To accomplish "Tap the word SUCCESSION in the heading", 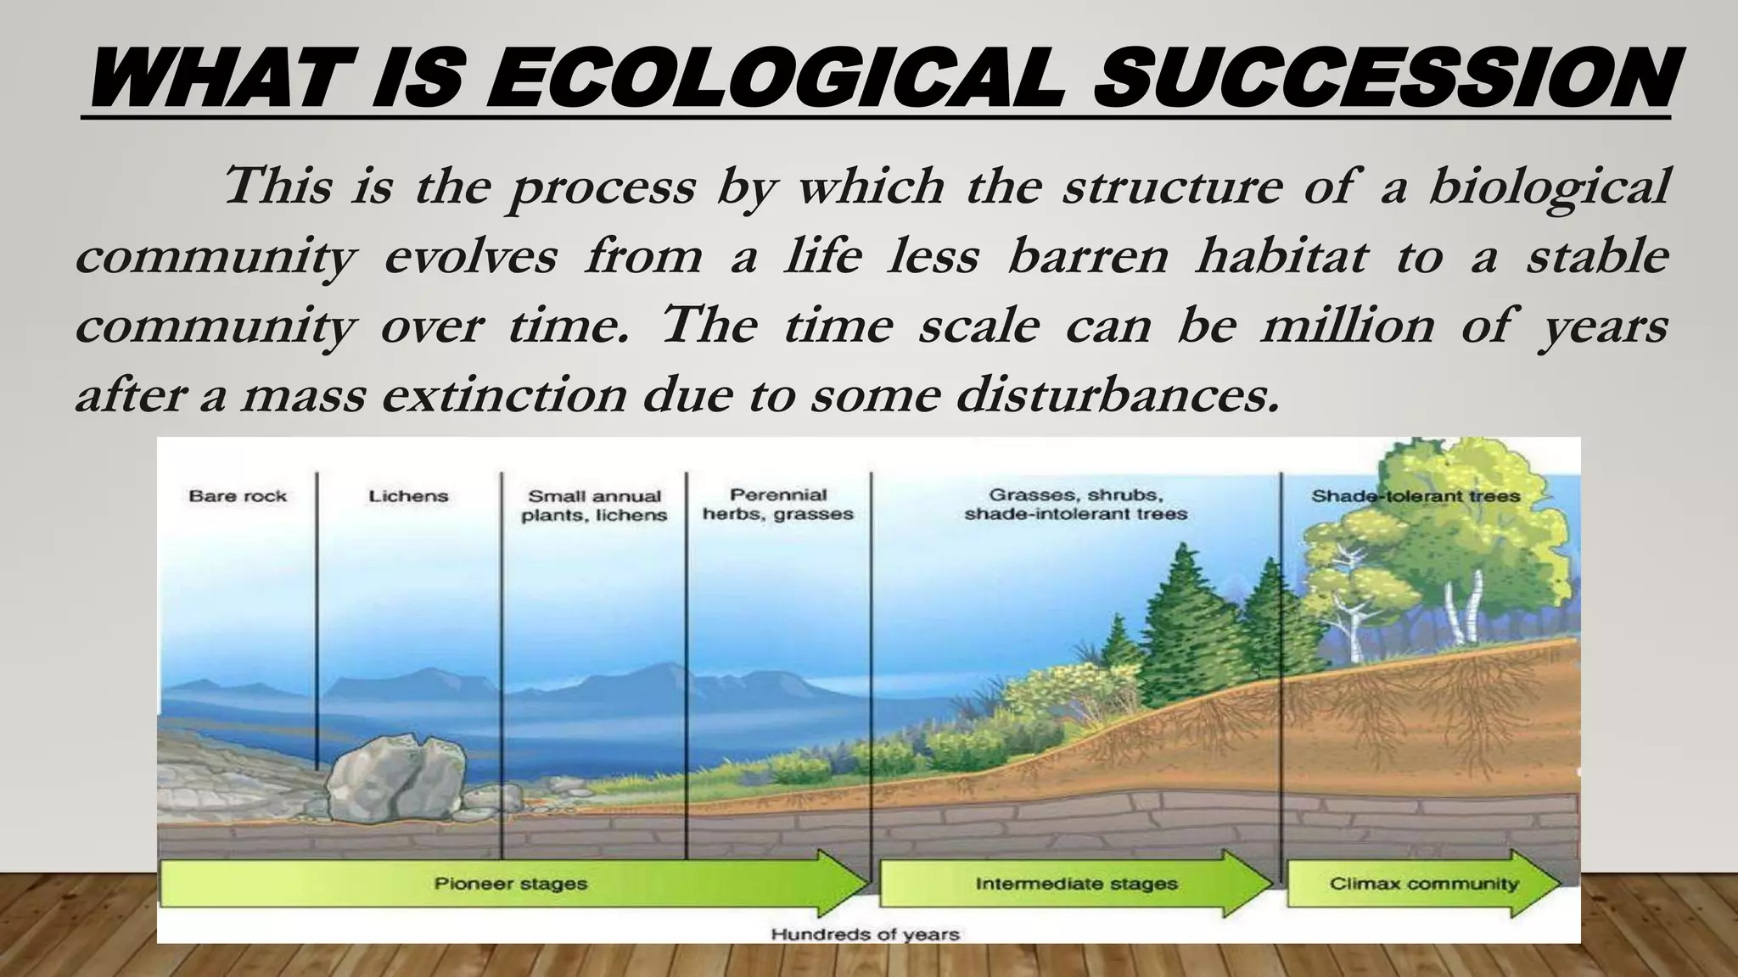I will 1383,78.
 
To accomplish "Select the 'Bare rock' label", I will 238,496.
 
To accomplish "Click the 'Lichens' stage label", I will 408,496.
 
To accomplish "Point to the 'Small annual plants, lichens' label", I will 594,505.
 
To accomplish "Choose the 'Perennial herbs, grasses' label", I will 778,505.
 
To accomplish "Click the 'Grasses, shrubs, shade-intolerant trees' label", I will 1075,505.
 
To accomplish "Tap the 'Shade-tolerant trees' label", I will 1416,496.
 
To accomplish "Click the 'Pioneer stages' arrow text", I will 511,884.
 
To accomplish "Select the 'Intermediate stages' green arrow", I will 1076,884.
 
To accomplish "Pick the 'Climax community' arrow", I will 1424,884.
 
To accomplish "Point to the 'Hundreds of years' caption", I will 865,935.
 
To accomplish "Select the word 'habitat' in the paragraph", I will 1281,256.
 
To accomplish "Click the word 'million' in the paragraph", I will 1348,326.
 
